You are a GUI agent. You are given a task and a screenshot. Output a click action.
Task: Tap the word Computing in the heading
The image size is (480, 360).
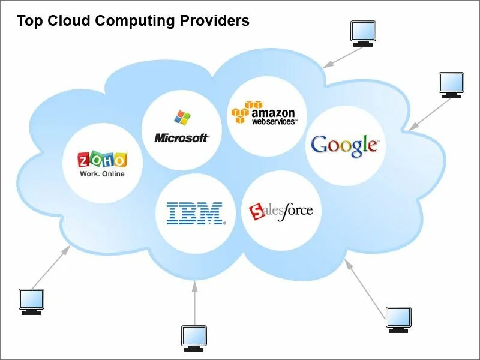136,21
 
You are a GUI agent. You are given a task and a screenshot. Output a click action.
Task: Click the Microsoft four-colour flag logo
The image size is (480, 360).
182,117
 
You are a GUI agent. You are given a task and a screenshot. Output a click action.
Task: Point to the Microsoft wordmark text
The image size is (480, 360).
182,138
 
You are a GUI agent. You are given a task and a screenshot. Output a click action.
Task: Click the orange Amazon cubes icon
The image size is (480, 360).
240,112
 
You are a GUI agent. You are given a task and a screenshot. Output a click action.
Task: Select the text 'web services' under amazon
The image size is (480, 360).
274,121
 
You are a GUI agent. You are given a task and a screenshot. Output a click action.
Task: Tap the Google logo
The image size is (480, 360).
344,145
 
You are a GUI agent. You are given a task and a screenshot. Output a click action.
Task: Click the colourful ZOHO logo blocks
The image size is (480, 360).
102,160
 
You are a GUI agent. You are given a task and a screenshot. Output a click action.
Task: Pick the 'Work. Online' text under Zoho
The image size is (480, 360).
102,174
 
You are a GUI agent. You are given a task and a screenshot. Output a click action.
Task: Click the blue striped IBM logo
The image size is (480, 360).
195,214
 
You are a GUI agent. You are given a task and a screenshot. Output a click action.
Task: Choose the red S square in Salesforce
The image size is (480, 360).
257,211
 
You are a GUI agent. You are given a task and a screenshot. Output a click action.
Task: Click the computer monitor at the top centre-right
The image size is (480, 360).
363,33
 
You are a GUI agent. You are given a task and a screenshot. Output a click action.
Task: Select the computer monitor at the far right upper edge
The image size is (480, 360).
451,85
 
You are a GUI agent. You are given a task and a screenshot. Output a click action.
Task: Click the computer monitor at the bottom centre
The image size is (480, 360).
194,338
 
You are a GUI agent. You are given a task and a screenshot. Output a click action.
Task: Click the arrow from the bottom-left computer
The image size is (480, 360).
51,267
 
